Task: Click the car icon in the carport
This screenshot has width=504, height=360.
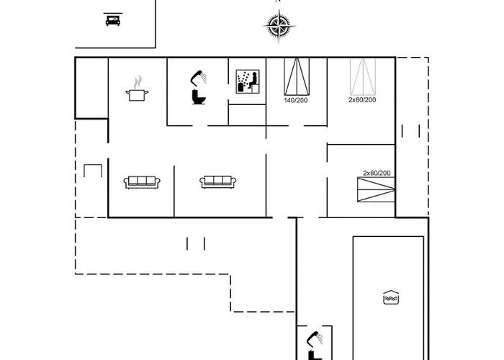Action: point(112,20)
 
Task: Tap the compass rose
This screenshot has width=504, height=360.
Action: point(278,28)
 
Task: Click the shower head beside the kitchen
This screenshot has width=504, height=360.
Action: point(198,76)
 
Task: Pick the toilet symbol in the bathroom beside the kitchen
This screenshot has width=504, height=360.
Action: point(197,96)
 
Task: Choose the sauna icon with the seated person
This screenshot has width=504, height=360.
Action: point(248,82)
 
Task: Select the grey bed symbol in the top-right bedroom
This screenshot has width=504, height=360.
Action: point(362,76)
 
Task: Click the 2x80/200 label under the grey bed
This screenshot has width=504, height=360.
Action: point(362,100)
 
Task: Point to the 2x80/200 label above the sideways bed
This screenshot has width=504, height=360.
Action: point(377,173)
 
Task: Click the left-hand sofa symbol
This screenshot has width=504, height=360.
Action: point(141,182)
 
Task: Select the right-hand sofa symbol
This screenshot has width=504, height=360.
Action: point(218,182)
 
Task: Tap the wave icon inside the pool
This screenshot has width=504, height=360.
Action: point(390,297)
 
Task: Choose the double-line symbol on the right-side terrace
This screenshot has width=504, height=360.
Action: point(411,130)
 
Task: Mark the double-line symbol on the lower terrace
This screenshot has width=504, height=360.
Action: point(196,243)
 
